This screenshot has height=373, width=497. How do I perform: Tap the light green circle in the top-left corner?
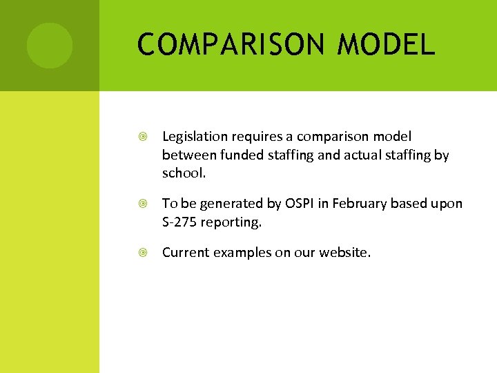point(49,46)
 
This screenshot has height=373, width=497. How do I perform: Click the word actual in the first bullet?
point(336,155)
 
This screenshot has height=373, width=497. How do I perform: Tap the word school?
point(184,173)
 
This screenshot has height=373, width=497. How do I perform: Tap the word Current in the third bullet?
point(186,252)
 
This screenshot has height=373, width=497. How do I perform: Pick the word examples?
point(241,253)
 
